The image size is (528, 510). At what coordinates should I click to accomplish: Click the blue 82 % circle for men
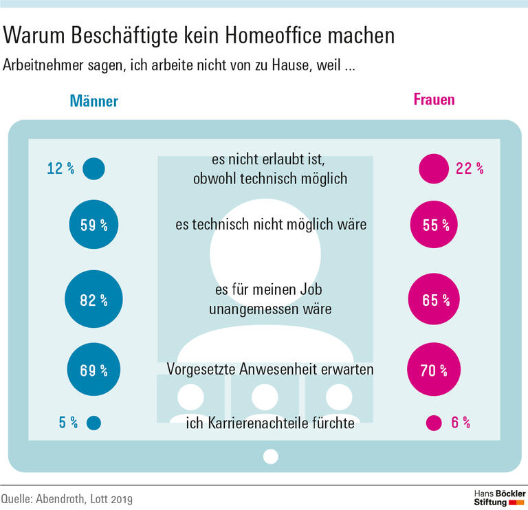(93, 300)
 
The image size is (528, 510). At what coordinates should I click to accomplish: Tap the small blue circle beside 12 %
(93, 168)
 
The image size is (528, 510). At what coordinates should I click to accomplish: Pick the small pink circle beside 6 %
(433, 423)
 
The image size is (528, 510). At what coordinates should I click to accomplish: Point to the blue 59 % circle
(93, 225)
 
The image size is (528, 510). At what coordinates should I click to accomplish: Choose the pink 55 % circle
(434, 225)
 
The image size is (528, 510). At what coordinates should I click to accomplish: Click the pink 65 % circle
(434, 300)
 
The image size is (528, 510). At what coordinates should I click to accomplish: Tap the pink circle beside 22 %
(433, 168)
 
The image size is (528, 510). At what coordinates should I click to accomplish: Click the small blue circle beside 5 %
(93, 423)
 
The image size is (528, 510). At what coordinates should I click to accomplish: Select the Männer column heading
(93, 101)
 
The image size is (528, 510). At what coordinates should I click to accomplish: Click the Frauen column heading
(434, 99)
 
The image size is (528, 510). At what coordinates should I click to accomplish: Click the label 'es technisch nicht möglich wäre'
(270, 225)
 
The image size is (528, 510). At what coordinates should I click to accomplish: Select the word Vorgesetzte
(203, 370)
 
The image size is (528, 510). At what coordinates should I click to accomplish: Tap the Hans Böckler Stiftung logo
(500, 498)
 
